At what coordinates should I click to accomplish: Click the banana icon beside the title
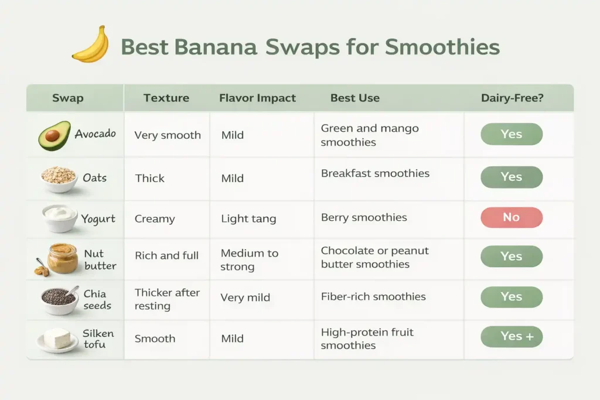[x=90, y=45]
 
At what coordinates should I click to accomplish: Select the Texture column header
[x=166, y=98]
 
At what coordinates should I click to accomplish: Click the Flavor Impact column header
[x=257, y=98]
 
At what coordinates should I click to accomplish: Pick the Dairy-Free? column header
[x=512, y=98]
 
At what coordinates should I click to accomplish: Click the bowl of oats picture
[x=59, y=178]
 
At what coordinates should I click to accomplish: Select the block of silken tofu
[x=58, y=339]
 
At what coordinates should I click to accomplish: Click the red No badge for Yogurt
[x=511, y=217]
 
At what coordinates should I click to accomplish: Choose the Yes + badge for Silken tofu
[x=511, y=337]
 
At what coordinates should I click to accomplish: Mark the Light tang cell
[x=248, y=219]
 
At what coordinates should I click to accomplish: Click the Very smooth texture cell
[x=168, y=135]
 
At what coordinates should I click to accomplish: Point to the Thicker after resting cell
[x=167, y=299]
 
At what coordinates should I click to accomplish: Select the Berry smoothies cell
[x=364, y=217]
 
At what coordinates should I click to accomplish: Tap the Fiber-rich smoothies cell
[x=373, y=296]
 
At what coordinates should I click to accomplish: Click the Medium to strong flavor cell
[x=250, y=260]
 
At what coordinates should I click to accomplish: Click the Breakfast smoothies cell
[x=375, y=173]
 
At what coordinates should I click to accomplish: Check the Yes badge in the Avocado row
[x=511, y=134]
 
